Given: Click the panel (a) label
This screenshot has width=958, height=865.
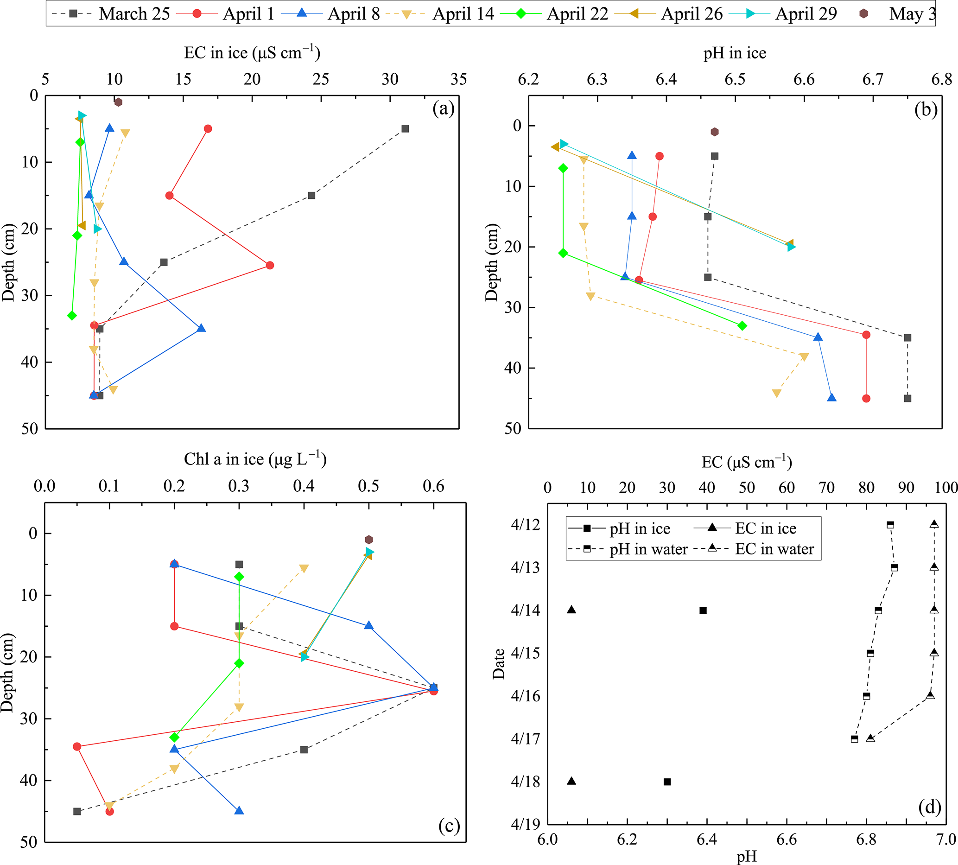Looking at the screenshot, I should (x=444, y=109).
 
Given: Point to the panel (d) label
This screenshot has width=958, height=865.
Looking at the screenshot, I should (x=929, y=806).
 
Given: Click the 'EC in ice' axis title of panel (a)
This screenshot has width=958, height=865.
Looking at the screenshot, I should (x=252, y=52).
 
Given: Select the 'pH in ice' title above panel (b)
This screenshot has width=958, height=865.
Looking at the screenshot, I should (x=735, y=53).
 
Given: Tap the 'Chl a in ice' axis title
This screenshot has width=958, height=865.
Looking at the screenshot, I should (x=255, y=459).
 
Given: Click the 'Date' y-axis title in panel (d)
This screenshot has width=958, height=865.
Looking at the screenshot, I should (x=499, y=664).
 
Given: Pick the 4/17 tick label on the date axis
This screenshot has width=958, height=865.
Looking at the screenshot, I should (x=525, y=739).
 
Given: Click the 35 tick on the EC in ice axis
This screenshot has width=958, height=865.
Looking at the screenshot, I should (x=458, y=79).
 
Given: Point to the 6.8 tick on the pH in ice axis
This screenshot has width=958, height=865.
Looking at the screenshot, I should (x=941, y=79).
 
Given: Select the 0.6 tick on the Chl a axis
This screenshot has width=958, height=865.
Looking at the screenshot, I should (x=433, y=486).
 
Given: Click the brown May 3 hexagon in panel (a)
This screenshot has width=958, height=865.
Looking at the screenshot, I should (x=118, y=102).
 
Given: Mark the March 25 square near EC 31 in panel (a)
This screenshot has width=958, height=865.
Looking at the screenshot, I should (x=405, y=129).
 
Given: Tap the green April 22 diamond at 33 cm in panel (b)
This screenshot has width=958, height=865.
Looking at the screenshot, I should (x=742, y=325).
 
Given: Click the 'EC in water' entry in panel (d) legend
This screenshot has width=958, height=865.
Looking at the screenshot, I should (x=774, y=549).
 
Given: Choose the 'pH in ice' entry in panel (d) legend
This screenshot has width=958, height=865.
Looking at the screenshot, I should (x=640, y=528).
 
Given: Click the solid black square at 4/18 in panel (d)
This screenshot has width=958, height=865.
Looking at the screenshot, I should (x=667, y=782).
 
